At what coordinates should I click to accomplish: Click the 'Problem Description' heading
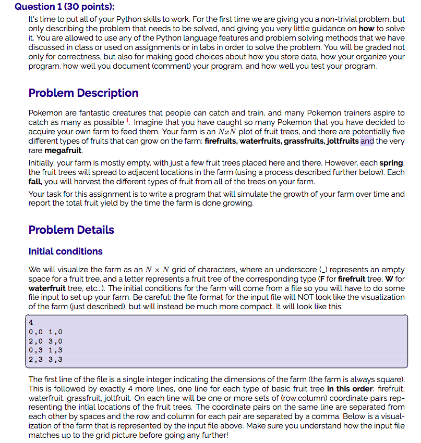(83, 93)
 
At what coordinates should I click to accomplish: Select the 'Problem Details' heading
(71, 230)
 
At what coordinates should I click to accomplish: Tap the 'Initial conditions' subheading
(65, 251)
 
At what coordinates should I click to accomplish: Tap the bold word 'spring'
(391, 163)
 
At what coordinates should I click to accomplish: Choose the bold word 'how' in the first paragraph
(366, 29)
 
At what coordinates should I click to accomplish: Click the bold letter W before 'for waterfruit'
(388, 279)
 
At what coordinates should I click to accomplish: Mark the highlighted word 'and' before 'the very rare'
(367, 141)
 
